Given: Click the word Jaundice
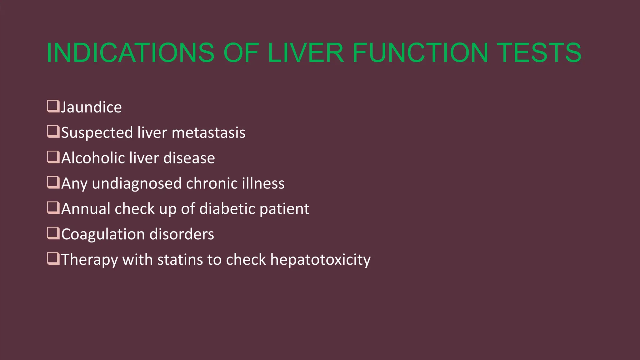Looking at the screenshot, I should (x=91, y=107).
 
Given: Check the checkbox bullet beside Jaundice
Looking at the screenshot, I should (x=53, y=106).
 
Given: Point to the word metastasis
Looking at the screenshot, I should (x=208, y=132).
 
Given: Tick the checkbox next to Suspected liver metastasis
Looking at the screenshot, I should (x=53, y=132).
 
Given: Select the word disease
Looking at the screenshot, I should (x=189, y=158).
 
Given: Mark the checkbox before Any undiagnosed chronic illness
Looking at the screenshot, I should (x=53, y=182).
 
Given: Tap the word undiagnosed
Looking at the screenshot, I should (x=137, y=183).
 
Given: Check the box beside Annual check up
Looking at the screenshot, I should (x=53, y=207).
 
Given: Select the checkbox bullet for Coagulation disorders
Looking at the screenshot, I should (x=53, y=233).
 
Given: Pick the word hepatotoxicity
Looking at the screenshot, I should (x=320, y=260).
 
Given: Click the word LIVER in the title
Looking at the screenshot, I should (x=306, y=52).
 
